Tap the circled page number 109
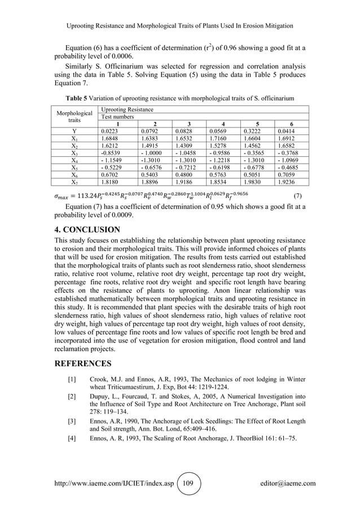186,483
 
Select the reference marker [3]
72,422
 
